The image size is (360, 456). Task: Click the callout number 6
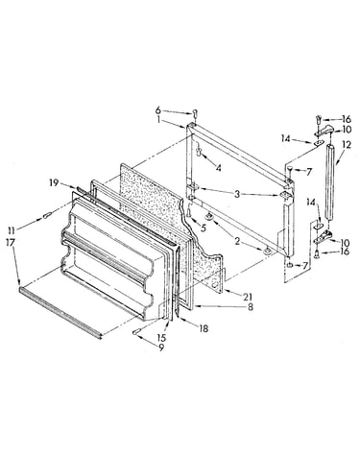point(158,110)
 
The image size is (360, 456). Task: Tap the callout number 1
point(158,120)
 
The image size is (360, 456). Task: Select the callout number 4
point(218,167)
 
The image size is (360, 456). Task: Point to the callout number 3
point(236,194)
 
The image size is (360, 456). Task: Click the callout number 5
point(203,228)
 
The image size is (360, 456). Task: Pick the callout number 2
point(237,241)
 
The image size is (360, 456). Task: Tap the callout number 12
point(347,145)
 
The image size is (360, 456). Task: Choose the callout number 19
point(54,182)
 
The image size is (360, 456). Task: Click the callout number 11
point(12,229)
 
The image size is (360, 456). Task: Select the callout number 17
point(10,242)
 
